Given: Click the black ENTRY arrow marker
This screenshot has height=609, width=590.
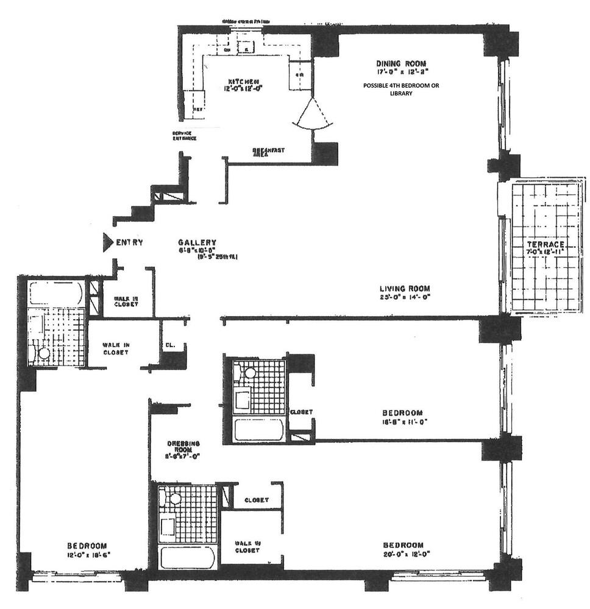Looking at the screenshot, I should click(x=107, y=242).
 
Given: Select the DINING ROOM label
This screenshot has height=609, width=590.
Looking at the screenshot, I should click(x=400, y=63).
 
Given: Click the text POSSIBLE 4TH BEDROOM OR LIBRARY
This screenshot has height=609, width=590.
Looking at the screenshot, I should click(x=400, y=90).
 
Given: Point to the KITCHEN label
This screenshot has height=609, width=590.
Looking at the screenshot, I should click(x=244, y=82).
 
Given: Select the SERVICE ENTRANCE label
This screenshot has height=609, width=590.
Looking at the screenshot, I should click(x=184, y=136).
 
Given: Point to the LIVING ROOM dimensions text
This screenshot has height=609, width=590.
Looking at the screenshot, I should click(x=404, y=297).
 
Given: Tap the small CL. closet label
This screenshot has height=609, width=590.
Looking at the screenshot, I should click(x=170, y=345).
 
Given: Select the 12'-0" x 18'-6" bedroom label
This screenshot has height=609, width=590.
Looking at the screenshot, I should click(x=88, y=554).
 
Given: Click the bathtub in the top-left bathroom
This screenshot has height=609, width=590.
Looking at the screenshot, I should click(x=55, y=294).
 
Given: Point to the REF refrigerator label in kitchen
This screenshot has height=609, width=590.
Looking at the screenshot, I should click(x=197, y=110).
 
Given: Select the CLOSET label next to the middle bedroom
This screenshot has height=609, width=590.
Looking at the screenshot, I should click(x=301, y=412).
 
